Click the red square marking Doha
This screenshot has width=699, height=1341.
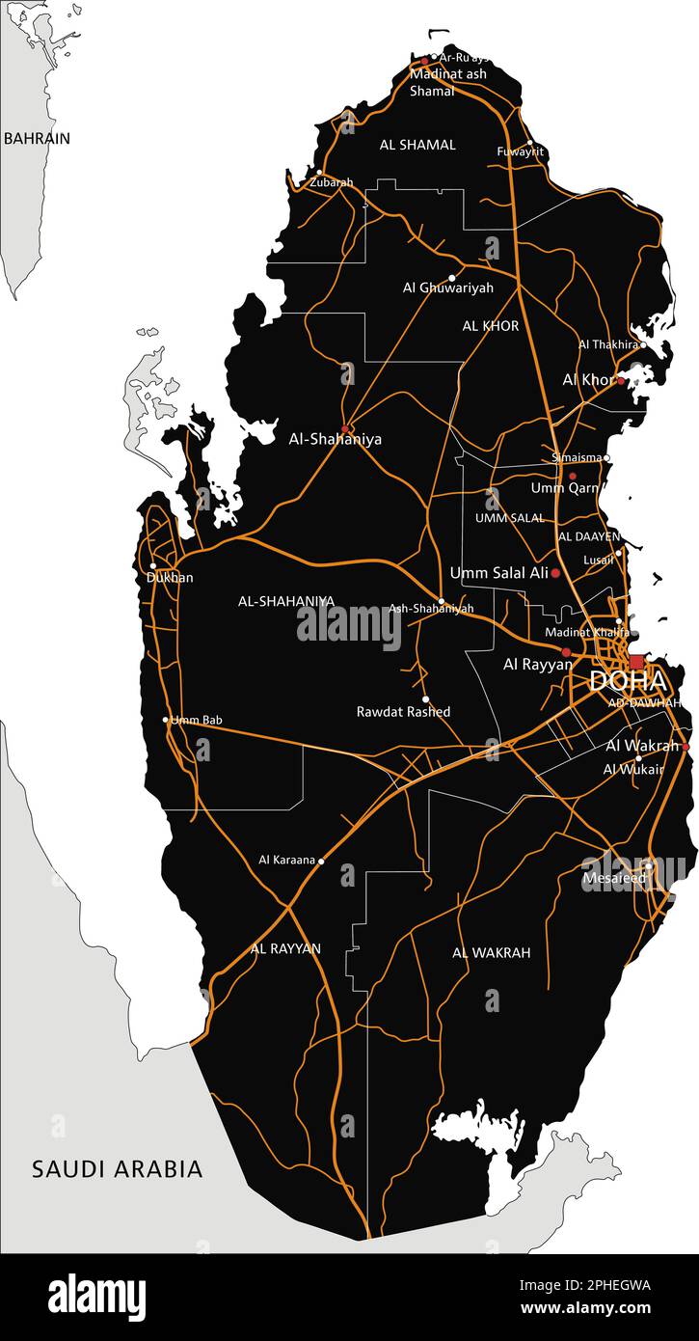click(x=636, y=662)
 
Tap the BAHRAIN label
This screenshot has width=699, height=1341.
click(x=37, y=138)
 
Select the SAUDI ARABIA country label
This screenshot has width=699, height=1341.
click(x=118, y=1169)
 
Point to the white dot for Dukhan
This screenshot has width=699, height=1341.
click(x=153, y=566)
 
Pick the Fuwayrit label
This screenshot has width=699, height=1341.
click(x=521, y=151)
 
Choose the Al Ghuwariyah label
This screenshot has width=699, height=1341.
click(x=447, y=287)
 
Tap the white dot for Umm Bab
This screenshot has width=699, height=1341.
click(x=166, y=719)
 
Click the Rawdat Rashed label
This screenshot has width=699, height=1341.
click(x=403, y=712)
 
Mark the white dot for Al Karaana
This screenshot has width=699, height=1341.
click(x=321, y=860)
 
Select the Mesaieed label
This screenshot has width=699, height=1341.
click(x=614, y=878)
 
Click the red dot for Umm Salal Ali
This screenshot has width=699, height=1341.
click(x=555, y=573)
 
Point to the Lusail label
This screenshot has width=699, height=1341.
click(x=598, y=560)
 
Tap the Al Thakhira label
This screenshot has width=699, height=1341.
click(x=607, y=344)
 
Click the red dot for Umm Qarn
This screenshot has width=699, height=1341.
click(x=572, y=477)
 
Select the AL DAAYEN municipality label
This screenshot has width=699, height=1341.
click(x=588, y=536)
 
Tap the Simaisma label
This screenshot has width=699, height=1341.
click(x=576, y=457)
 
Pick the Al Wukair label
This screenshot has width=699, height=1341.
click(x=633, y=769)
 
